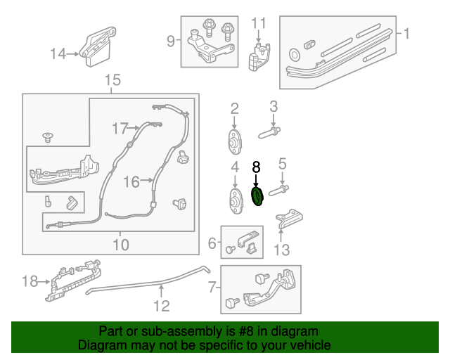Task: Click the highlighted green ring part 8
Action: tap(257, 197)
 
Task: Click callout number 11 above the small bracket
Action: tap(259, 24)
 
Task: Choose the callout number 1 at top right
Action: tap(405, 33)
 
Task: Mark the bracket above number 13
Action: tap(290, 218)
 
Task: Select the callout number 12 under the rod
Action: tap(162, 306)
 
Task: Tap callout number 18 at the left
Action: tap(30, 281)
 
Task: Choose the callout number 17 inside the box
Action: tap(120, 128)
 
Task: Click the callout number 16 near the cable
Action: tap(131, 182)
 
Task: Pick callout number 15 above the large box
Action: tap(112, 81)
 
